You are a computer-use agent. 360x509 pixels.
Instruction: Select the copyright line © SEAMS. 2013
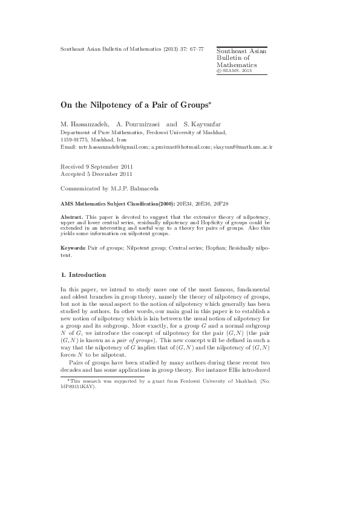(x=234, y=71)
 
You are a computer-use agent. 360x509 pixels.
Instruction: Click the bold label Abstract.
(x=72, y=216)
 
